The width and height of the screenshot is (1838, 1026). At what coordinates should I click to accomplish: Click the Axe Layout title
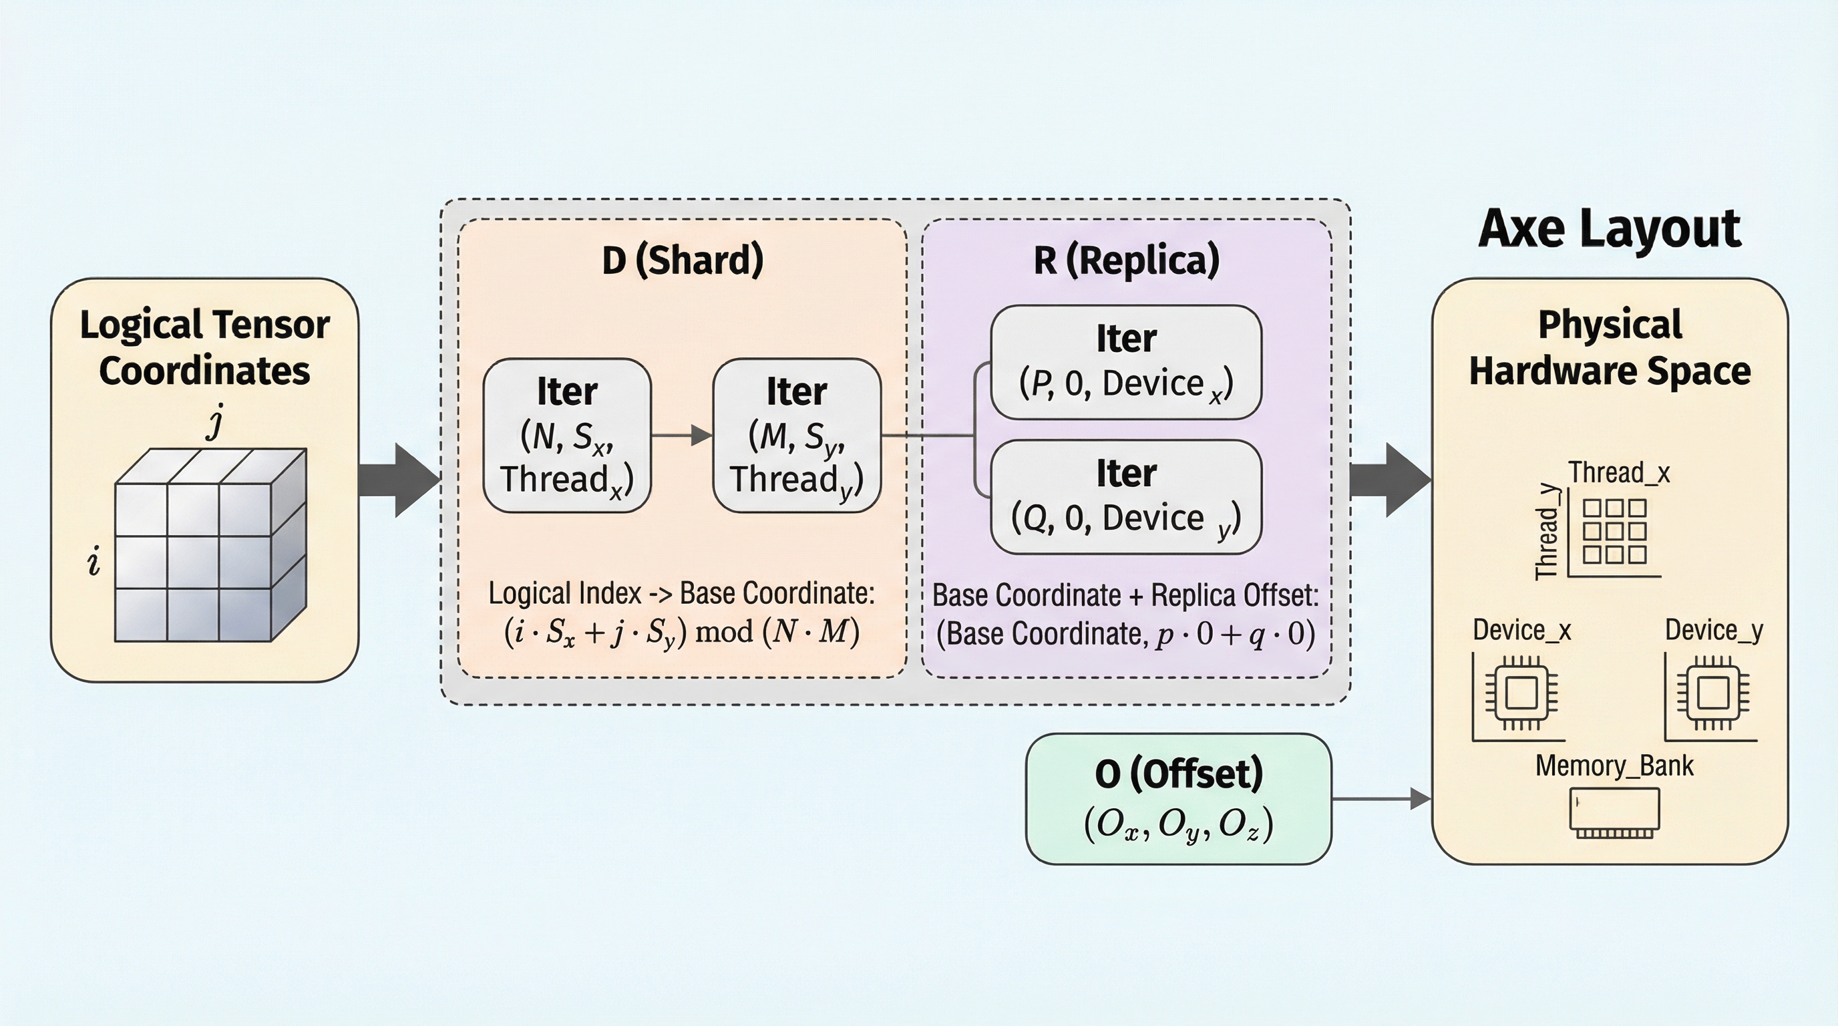1610,229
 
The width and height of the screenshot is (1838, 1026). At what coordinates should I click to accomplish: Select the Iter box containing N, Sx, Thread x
567,436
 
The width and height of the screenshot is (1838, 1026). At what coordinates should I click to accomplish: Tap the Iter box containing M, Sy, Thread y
797,436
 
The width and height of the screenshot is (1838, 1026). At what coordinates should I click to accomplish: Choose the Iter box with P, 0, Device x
1126,362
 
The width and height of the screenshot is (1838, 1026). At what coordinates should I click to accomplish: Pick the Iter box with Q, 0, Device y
1126,496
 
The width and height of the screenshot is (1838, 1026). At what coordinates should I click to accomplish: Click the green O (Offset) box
1179,798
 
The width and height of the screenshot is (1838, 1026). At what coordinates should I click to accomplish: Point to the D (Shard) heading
683,260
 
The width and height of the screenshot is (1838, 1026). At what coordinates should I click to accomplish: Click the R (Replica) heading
1127,260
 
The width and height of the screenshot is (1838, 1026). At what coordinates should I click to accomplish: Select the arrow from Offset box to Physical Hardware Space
1381,799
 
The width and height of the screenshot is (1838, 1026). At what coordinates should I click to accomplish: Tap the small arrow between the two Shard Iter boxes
682,436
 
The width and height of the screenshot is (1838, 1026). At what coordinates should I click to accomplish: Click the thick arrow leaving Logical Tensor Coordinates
399,480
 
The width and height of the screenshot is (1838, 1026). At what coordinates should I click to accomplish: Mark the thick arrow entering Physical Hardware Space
1391,480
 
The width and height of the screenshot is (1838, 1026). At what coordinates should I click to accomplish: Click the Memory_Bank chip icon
1615,813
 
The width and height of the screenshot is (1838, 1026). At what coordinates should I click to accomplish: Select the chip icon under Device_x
1521,693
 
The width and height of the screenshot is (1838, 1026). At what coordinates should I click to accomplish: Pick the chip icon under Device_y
1712,693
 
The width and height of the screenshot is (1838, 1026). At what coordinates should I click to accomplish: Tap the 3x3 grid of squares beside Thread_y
1615,532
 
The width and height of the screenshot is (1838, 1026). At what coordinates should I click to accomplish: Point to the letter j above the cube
216,421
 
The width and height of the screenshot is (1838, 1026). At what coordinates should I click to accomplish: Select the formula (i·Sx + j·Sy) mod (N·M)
682,632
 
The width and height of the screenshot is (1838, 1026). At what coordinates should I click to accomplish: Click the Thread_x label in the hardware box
1619,473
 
